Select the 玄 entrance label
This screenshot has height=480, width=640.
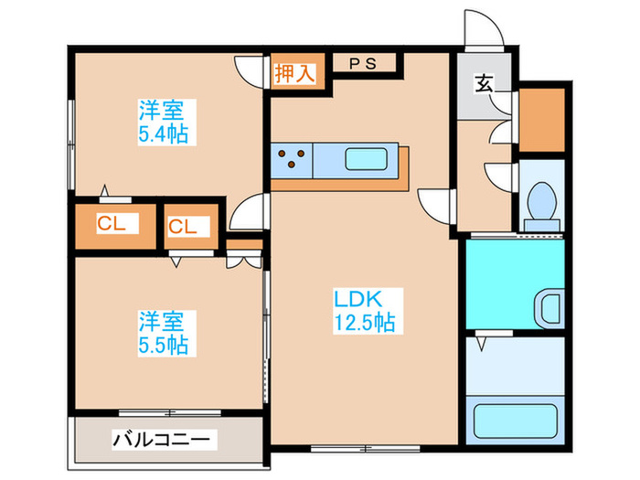484,85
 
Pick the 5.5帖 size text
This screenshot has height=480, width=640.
163,344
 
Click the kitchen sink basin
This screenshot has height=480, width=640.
369,160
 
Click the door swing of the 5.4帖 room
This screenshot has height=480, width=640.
250,69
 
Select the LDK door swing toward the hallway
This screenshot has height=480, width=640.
434,202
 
